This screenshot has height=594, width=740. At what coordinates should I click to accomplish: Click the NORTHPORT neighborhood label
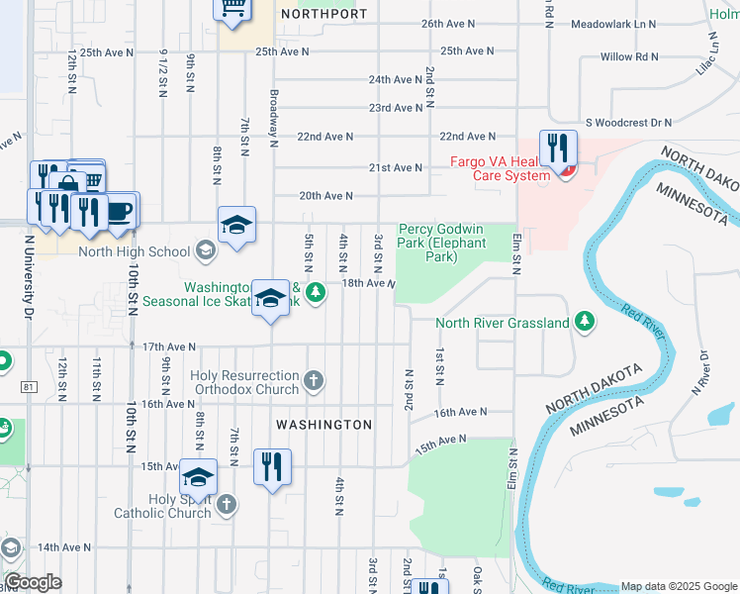point(324,15)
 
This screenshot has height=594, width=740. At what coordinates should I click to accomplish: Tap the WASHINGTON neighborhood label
point(324,425)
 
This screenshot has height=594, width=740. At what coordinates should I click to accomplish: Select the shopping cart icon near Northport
point(232,8)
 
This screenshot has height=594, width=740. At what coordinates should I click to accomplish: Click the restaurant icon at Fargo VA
point(558,149)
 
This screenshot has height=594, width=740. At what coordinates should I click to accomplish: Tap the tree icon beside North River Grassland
point(585,321)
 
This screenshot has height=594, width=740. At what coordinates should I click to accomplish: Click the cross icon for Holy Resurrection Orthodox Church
point(314,380)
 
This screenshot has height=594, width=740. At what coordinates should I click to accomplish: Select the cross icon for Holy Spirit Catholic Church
point(226,505)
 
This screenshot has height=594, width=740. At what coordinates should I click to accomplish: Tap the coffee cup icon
point(121,211)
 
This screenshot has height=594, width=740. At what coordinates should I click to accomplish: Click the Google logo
point(33,582)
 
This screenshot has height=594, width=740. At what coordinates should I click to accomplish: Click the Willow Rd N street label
point(630,56)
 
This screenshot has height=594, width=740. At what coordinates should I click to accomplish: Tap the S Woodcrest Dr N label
point(628,123)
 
